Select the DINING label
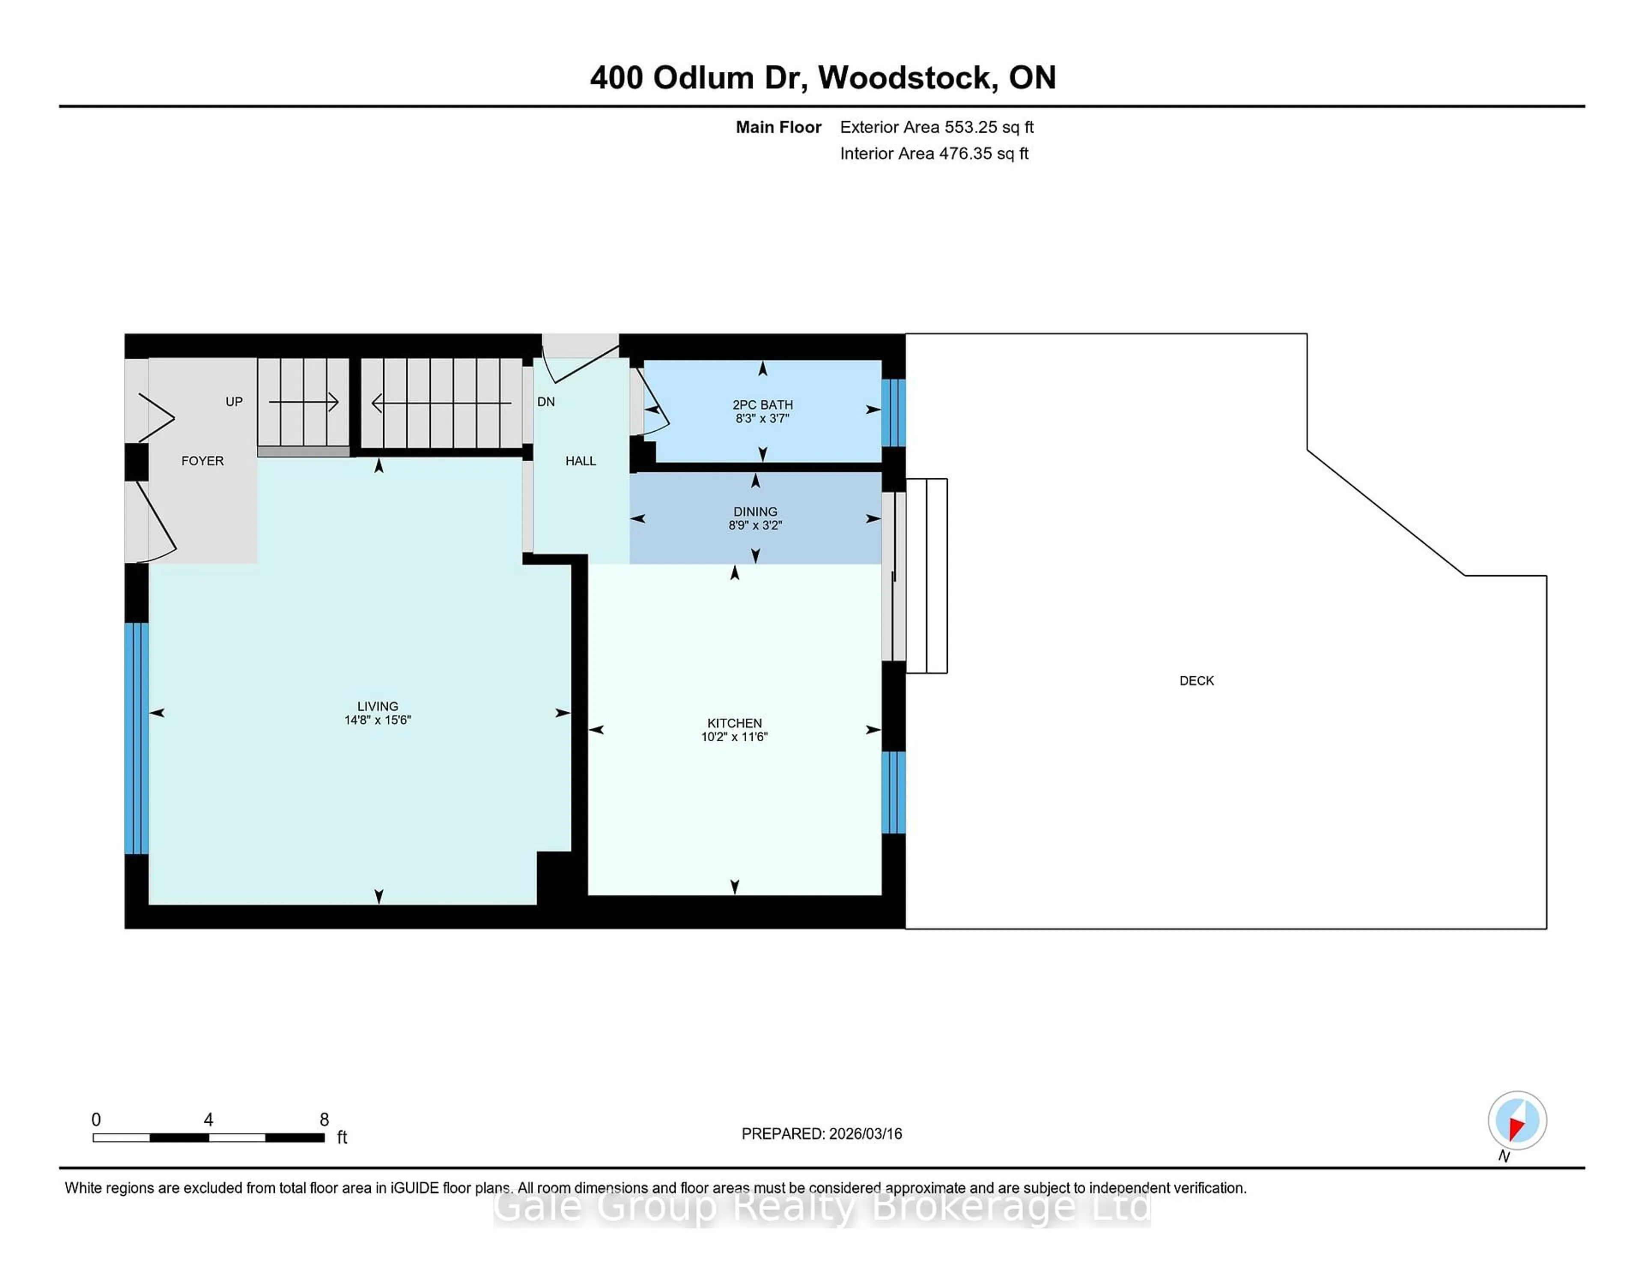tap(755, 511)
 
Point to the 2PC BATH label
tap(762, 404)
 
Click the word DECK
tap(1196, 680)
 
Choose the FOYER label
tap(203, 461)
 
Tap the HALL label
tap(581, 461)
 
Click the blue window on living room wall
tap(136, 738)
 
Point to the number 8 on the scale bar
tap(325, 1120)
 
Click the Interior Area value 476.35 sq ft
tap(983, 154)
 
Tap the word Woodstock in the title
tap(904, 78)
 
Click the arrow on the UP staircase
tap(304, 402)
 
